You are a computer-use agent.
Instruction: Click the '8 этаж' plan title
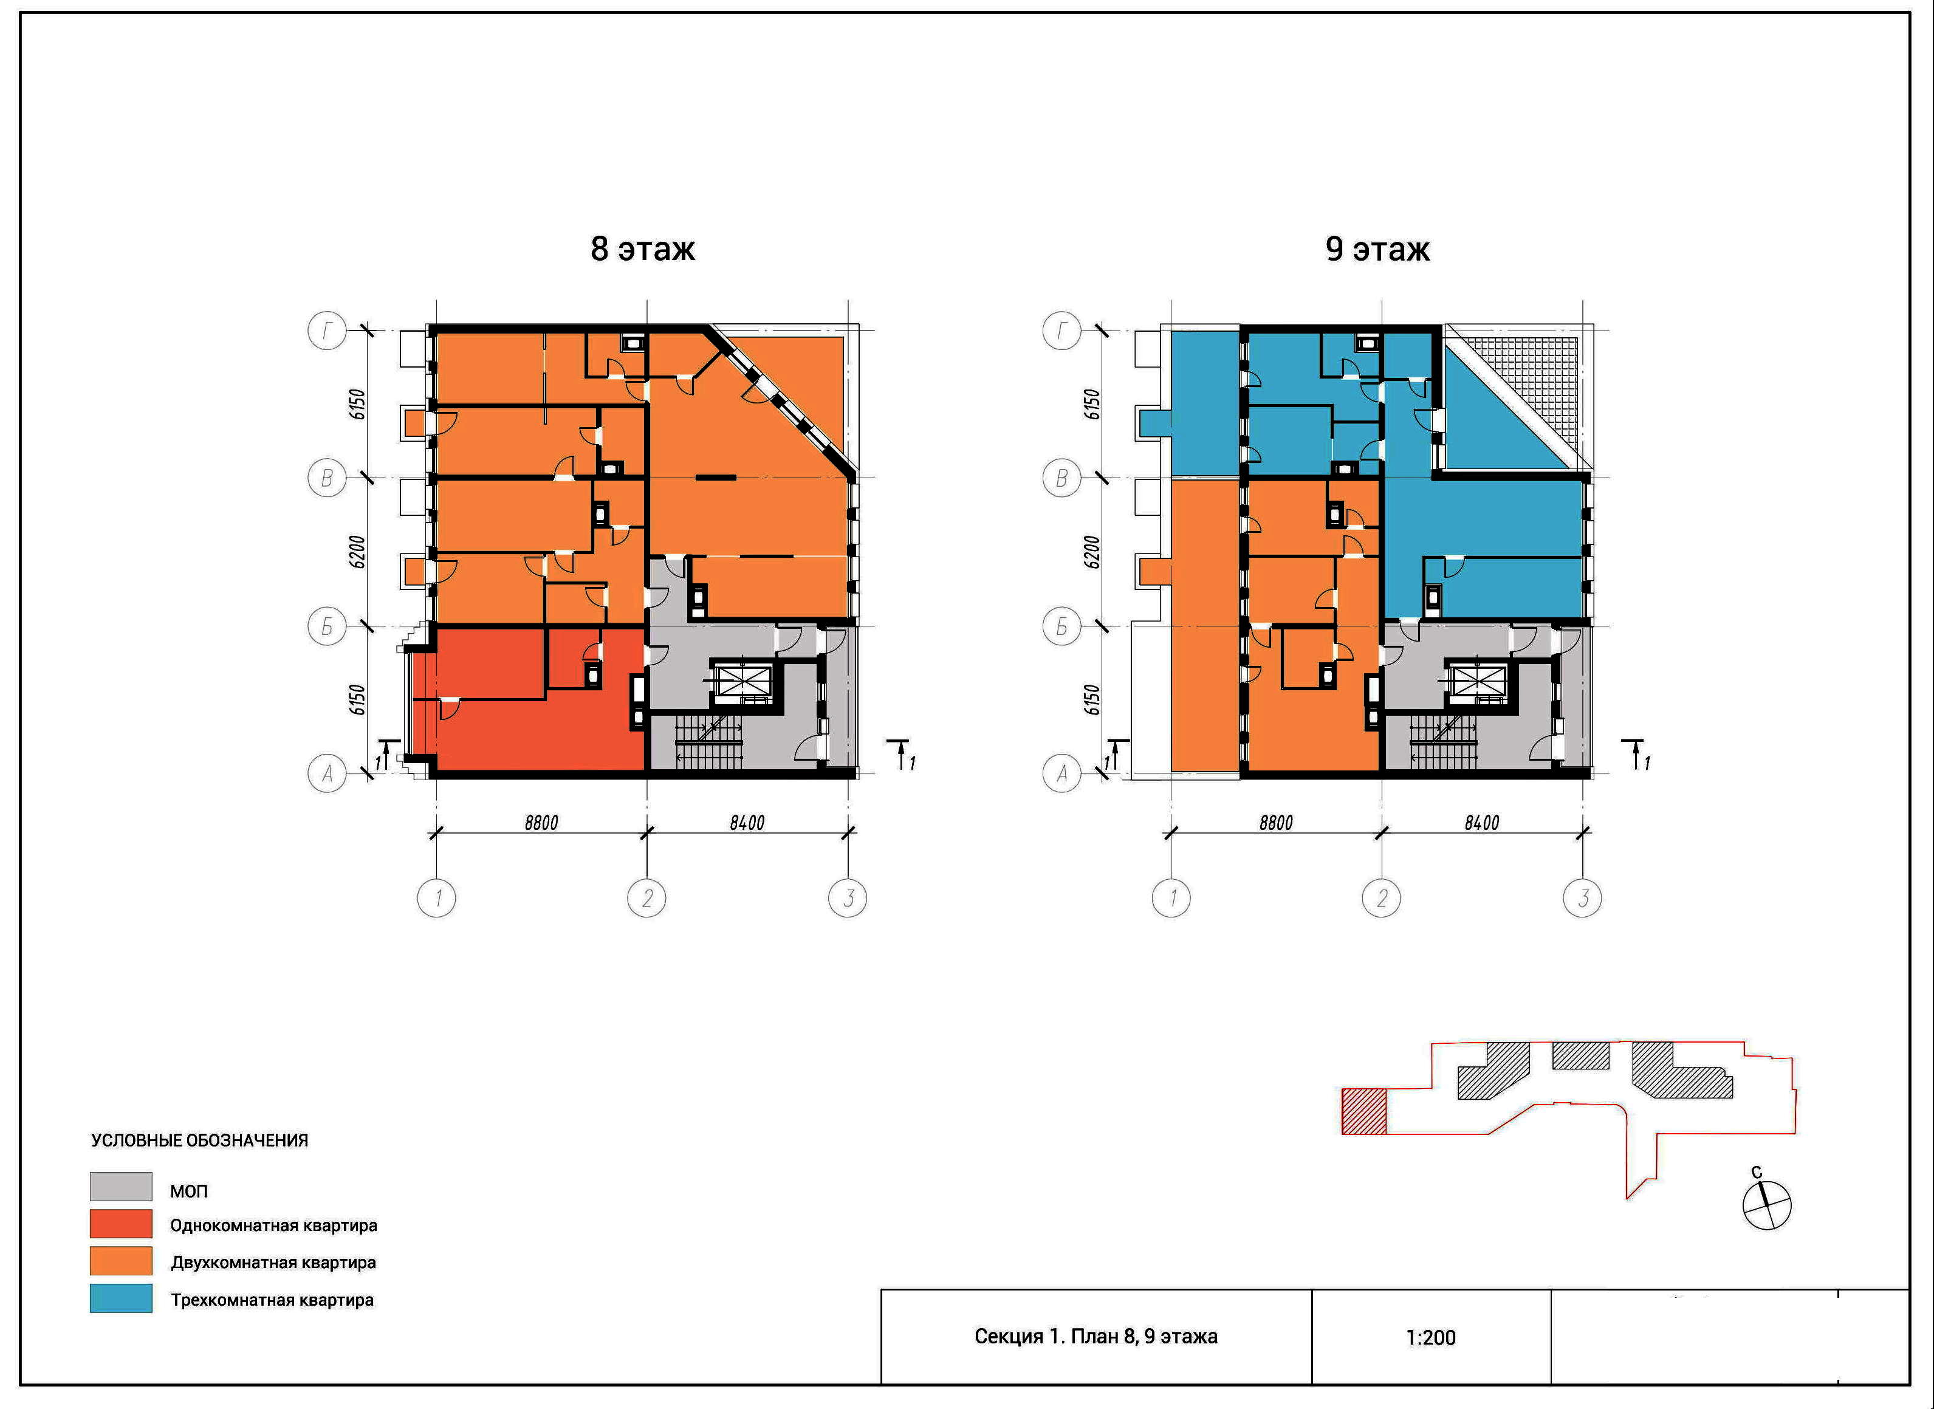(642, 249)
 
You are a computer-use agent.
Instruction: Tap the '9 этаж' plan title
(1377, 249)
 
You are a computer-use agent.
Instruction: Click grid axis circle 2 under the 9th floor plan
(1382, 898)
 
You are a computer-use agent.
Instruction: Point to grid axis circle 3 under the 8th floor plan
(848, 898)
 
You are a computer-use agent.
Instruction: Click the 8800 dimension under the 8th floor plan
(541, 822)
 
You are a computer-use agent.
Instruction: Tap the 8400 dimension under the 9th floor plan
(1482, 822)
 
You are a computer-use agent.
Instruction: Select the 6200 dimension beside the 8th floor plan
(358, 552)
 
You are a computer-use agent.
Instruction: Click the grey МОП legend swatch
(121, 1187)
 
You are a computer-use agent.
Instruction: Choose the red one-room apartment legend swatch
(121, 1224)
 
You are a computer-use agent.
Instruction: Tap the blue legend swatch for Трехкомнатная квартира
(121, 1298)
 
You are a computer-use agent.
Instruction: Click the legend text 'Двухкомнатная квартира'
(273, 1263)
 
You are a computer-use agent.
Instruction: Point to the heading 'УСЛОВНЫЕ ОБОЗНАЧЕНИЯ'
(199, 1140)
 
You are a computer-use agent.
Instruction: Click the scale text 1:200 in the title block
(1430, 1337)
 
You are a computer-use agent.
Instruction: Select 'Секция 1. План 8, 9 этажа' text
(1096, 1337)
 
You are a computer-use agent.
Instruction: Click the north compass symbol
(1766, 1204)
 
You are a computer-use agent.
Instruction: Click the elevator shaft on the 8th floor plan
(742, 680)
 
